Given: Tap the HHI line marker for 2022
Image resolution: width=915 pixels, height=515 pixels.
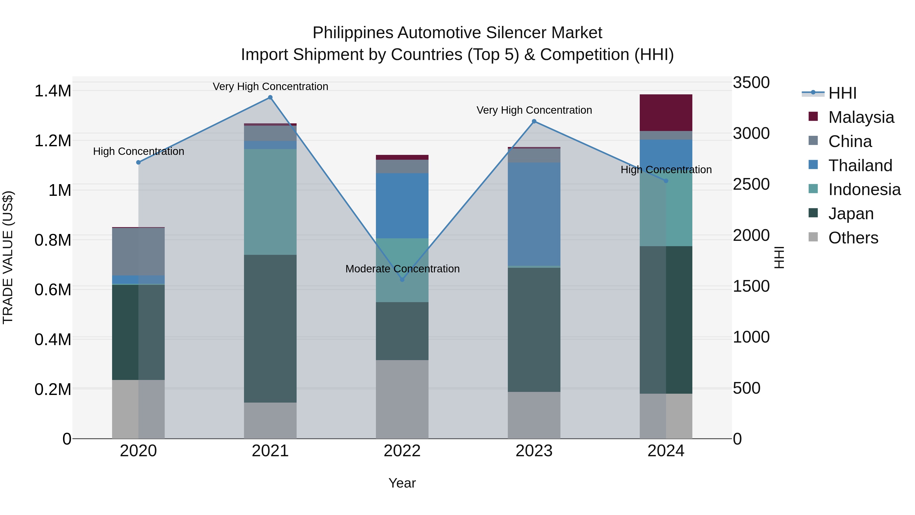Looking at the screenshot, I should [x=402, y=280].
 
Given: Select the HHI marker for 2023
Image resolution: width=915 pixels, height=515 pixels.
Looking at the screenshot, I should [x=534, y=122].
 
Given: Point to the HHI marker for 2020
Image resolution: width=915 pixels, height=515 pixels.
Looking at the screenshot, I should [x=139, y=163].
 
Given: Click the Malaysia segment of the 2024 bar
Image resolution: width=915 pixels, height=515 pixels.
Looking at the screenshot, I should [x=666, y=113].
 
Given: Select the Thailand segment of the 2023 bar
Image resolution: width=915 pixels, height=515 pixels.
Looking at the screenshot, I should [x=534, y=214].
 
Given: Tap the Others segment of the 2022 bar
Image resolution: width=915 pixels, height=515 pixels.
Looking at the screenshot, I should [x=402, y=399].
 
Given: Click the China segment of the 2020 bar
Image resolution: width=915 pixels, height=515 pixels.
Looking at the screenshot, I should [x=139, y=251].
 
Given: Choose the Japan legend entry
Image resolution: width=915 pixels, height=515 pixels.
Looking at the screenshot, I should [x=850, y=214].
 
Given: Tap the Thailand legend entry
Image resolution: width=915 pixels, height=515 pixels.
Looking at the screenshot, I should [x=860, y=166].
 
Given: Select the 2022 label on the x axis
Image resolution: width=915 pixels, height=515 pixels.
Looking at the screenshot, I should [x=402, y=451].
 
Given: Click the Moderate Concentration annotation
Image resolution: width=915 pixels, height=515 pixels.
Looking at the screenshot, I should [x=402, y=269].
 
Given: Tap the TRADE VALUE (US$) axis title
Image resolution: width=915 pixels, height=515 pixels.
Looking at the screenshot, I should [x=8, y=257].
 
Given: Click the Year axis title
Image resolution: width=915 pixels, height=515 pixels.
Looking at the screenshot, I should [x=402, y=483].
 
